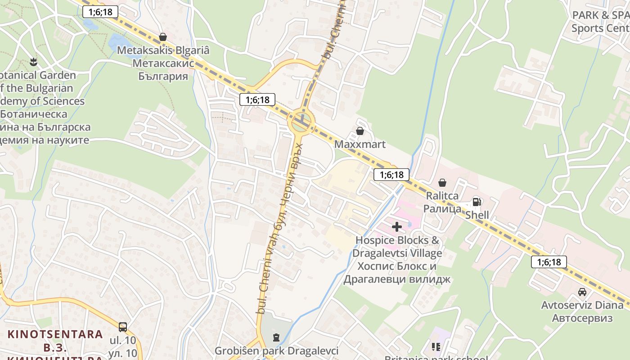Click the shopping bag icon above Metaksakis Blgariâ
163,37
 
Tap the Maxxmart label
360,144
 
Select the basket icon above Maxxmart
360,131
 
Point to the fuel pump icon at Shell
477,202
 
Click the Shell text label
477,215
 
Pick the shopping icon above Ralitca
442,183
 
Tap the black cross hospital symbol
396,227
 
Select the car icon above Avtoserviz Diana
582,292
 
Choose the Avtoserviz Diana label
582,311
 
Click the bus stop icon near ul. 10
122,327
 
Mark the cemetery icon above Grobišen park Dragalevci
276,337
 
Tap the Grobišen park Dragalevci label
276,351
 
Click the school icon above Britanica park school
436,347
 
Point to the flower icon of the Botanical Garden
33,60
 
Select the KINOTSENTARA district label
55,334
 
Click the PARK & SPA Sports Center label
600,22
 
